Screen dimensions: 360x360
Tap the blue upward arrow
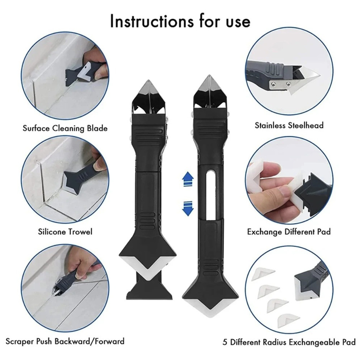tap(188, 179)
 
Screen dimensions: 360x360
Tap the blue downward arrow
tap(188, 207)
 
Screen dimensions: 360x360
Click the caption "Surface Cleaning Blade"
tap(65, 128)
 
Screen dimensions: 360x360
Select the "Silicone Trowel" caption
tap(65, 232)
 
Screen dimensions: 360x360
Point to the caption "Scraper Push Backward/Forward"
tap(65, 341)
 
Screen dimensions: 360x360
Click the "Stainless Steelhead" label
tap(289, 125)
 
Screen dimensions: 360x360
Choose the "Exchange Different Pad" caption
tap(289, 232)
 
